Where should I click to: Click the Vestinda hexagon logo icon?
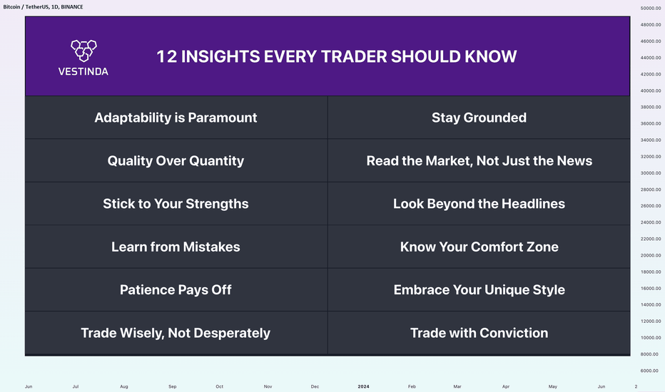pyautogui.click(x=83, y=51)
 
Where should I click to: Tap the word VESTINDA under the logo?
pyautogui.click(x=83, y=71)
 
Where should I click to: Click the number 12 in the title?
pyautogui.click(x=167, y=56)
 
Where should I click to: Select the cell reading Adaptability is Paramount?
pyautogui.click(x=176, y=118)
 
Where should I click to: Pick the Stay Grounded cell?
pyautogui.click(x=479, y=118)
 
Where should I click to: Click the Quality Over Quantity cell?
pyautogui.click(x=176, y=160)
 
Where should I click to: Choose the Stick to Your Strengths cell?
pyautogui.click(x=176, y=203)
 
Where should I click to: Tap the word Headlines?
pyautogui.click(x=533, y=203)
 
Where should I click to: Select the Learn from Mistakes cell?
pyautogui.click(x=176, y=247)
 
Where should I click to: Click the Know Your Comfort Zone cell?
pyautogui.click(x=479, y=247)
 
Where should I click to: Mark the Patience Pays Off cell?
pyautogui.click(x=176, y=290)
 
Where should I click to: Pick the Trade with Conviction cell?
pyautogui.click(x=479, y=333)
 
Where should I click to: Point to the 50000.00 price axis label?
pyautogui.click(x=651, y=8)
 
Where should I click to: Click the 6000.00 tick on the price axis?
pyautogui.click(x=651, y=371)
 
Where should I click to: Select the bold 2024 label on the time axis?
pyautogui.click(x=363, y=386)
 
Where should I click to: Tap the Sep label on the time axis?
pyautogui.click(x=172, y=386)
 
